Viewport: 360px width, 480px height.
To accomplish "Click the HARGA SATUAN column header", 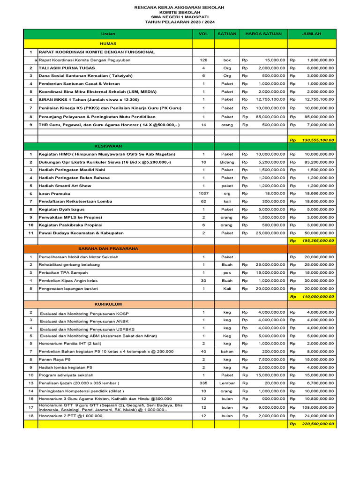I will [x=263, y=34].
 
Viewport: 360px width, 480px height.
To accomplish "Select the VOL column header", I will [x=203, y=34].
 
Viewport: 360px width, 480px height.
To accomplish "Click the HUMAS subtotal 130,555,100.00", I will [x=318, y=140].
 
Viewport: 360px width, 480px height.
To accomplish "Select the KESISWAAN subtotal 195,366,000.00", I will [x=318, y=240].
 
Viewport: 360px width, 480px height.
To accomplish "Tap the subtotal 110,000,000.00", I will [x=318, y=297].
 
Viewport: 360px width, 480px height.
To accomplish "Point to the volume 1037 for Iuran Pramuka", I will [x=203, y=194].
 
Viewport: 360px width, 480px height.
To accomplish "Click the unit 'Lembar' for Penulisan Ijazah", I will [x=227, y=383].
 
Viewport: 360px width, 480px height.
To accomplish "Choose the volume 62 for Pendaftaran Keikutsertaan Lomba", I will [x=203, y=201].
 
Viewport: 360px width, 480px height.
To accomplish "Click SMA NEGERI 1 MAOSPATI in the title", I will [x=180, y=17].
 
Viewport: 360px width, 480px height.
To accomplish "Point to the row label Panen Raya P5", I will [x=52, y=360].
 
